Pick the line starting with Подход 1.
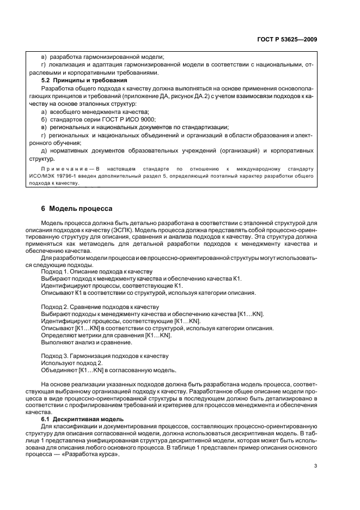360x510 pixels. [x=97, y=271]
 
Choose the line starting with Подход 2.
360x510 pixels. [x=99, y=307]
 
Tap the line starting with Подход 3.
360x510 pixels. [x=105, y=356]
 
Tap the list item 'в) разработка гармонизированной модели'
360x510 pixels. [x=102, y=57]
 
